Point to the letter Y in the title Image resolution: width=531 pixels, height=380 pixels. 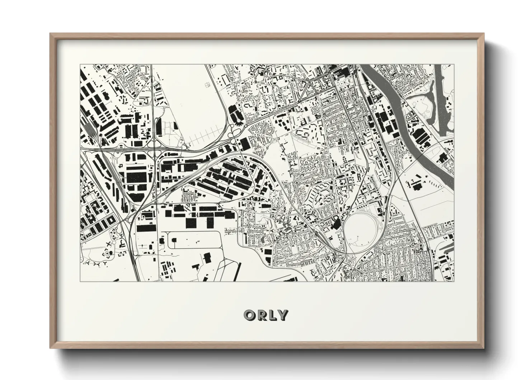pos(283,315)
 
